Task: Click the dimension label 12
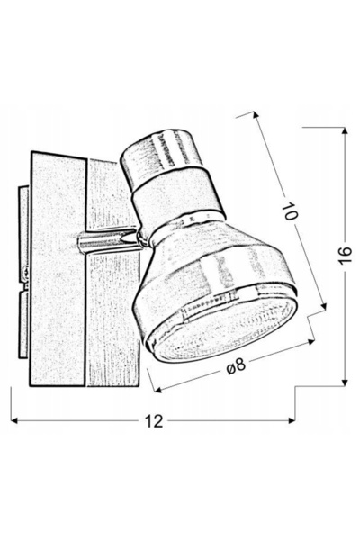coord(154,420)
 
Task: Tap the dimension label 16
coord(345,255)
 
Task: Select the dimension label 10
coord(290,211)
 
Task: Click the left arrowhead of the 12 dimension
coord(14,420)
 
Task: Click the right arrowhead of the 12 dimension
coord(292,420)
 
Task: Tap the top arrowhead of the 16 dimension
coord(345,130)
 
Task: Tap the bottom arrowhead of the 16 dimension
coord(345,382)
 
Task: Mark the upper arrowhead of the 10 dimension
coord(256,114)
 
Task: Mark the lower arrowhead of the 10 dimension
coord(323,306)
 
